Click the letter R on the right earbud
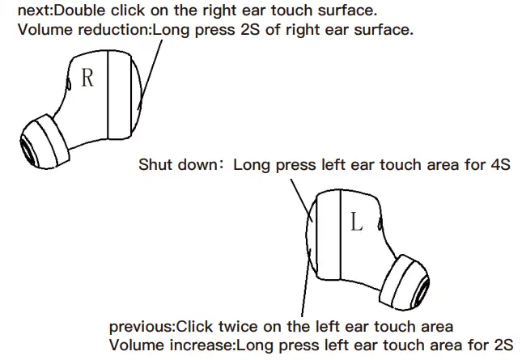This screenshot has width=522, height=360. [87, 78]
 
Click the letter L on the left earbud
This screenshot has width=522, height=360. [356, 222]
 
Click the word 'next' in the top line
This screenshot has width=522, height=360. [33, 12]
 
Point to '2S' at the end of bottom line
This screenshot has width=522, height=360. [502, 345]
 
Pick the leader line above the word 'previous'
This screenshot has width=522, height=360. [304, 291]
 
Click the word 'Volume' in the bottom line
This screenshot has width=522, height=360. [135, 345]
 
